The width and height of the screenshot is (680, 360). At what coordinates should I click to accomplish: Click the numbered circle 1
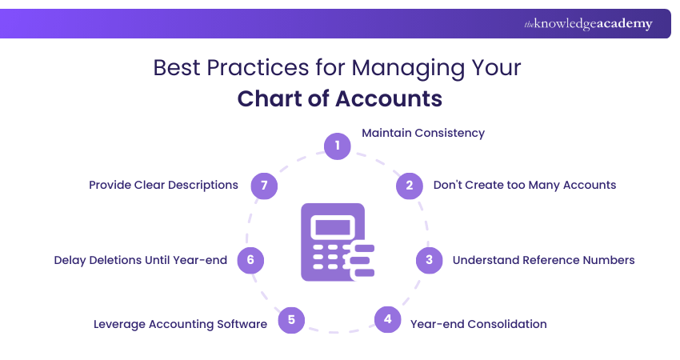pos(338,146)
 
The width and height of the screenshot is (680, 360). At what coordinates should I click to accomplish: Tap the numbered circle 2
pos(409,186)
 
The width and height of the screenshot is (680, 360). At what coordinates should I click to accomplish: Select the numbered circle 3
pos(429,260)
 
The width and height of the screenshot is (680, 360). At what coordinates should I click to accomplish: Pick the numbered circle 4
pos(387,319)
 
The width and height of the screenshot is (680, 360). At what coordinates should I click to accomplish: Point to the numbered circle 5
pos(291,320)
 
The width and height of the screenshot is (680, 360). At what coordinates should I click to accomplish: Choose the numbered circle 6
pos(250,260)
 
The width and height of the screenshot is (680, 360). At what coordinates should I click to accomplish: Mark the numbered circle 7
pos(264,186)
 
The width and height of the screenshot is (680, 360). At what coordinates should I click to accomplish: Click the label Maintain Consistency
pos(423,133)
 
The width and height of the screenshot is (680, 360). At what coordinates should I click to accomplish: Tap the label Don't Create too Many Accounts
pos(525,185)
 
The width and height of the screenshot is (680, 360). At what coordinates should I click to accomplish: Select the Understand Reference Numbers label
pos(544,260)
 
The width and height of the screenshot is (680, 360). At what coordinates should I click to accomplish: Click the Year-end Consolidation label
pos(478,324)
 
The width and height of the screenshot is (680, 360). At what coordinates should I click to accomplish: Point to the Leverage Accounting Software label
pos(180,324)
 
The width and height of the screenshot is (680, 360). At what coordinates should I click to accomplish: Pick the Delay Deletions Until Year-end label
pos(141,260)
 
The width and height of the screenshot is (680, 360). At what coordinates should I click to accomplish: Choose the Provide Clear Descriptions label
pos(163,185)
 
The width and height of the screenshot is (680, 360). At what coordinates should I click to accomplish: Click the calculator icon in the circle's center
pos(336,242)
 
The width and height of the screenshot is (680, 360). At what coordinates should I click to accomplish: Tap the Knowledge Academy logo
pos(588,24)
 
